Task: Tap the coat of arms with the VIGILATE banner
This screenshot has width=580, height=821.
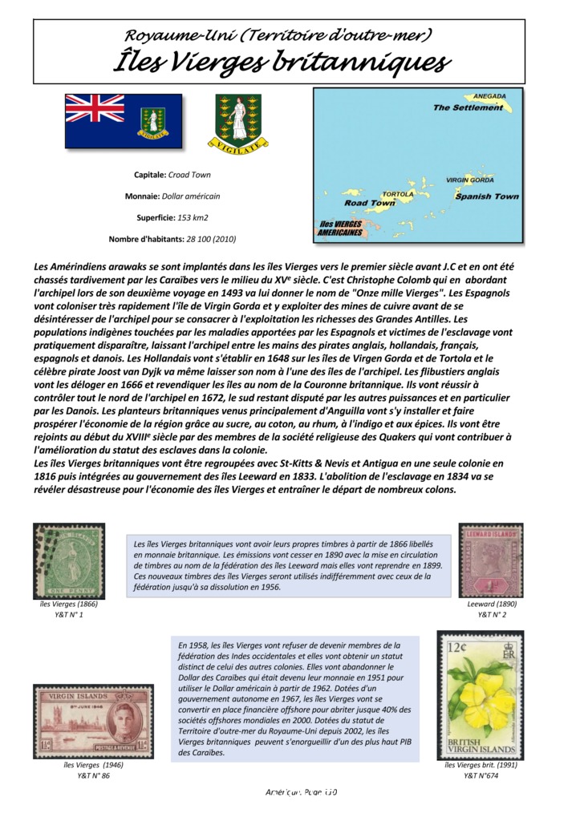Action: (x=237, y=123)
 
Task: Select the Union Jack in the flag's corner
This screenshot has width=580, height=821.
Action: (x=95, y=107)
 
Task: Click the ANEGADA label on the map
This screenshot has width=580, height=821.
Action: (x=489, y=96)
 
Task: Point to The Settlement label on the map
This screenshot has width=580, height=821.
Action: (x=468, y=107)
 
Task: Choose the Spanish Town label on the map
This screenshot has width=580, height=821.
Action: (x=486, y=196)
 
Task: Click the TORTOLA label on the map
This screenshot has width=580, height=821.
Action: (x=398, y=194)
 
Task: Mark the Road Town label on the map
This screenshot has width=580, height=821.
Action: (x=370, y=203)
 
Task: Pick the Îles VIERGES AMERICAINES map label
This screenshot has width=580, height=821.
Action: (x=340, y=229)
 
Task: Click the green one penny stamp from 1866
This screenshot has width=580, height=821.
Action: (x=69, y=560)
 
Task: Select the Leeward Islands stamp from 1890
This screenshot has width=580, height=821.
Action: (x=491, y=560)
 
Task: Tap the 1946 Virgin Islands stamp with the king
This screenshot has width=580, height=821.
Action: (x=93, y=721)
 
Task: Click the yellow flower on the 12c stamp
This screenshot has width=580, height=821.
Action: (x=481, y=699)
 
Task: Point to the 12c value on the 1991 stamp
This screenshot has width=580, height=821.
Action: (x=458, y=647)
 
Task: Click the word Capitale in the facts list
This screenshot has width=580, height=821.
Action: (x=151, y=175)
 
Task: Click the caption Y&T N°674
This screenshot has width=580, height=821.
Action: (x=481, y=775)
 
